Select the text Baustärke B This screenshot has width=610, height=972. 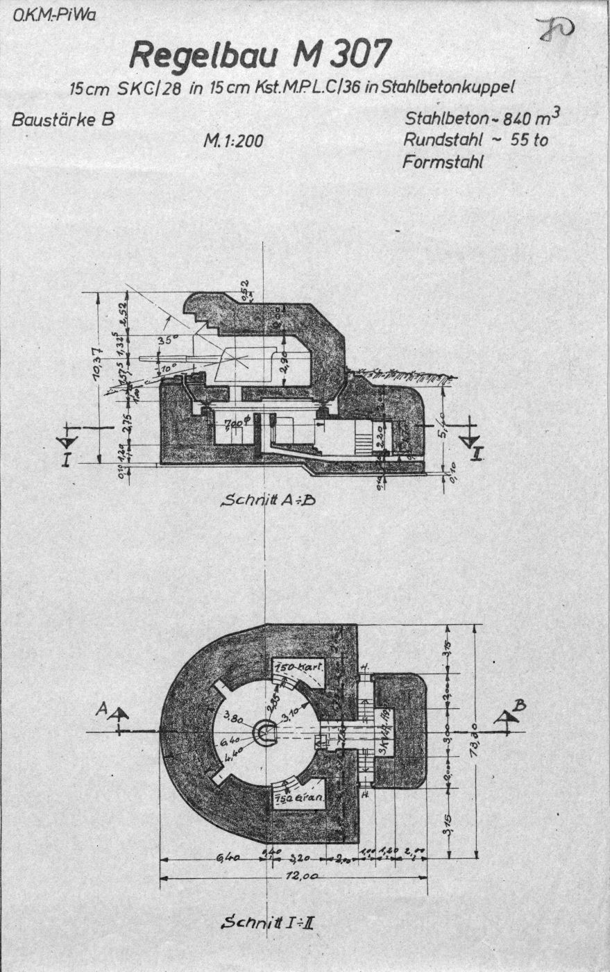(x=62, y=119)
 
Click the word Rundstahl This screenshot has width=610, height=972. (x=439, y=140)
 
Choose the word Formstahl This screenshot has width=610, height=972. (x=442, y=162)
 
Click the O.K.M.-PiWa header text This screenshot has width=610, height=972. (x=53, y=14)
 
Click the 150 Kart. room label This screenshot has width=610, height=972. (x=295, y=667)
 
